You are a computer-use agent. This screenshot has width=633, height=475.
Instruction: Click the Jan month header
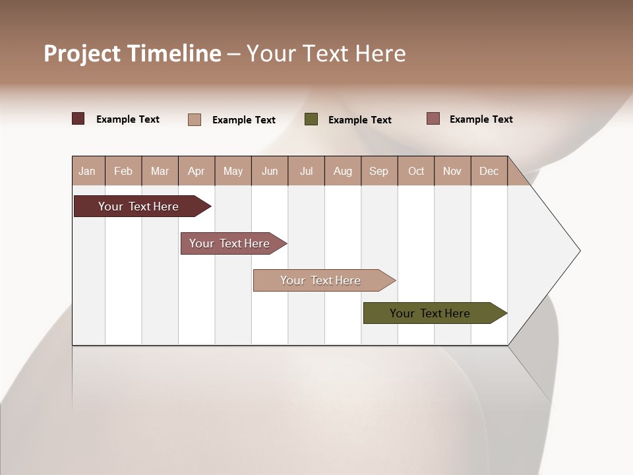point(88,171)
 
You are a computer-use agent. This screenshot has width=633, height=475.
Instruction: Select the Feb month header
point(123,171)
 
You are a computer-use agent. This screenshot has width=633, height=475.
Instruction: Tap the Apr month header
point(196,171)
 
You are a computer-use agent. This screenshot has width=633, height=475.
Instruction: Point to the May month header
point(233,171)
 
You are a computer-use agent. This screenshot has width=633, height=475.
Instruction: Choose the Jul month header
point(306,171)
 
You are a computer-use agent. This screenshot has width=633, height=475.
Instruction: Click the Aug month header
point(343,171)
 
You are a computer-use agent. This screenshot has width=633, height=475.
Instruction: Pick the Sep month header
point(379,171)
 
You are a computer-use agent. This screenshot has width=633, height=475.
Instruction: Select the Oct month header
point(416,171)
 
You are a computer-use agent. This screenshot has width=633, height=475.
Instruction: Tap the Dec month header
point(489,171)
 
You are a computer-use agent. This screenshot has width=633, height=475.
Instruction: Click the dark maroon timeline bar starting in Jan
point(138,206)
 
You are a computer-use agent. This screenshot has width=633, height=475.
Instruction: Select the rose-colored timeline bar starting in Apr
point(229,243)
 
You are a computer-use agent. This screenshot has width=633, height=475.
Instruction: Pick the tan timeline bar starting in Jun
point(320,280)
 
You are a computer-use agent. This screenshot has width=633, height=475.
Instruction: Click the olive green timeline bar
point(430,313)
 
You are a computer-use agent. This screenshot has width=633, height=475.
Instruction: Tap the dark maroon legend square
point(78,119)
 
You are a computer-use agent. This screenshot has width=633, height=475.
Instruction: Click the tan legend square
point(195,119)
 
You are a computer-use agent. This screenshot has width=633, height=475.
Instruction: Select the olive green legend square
point(311,119)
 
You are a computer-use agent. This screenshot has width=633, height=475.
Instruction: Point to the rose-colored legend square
point(433,119)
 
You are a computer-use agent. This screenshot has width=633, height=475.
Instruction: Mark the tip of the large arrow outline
point(579,251)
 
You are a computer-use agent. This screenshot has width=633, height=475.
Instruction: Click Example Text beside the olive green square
point(360,120)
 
